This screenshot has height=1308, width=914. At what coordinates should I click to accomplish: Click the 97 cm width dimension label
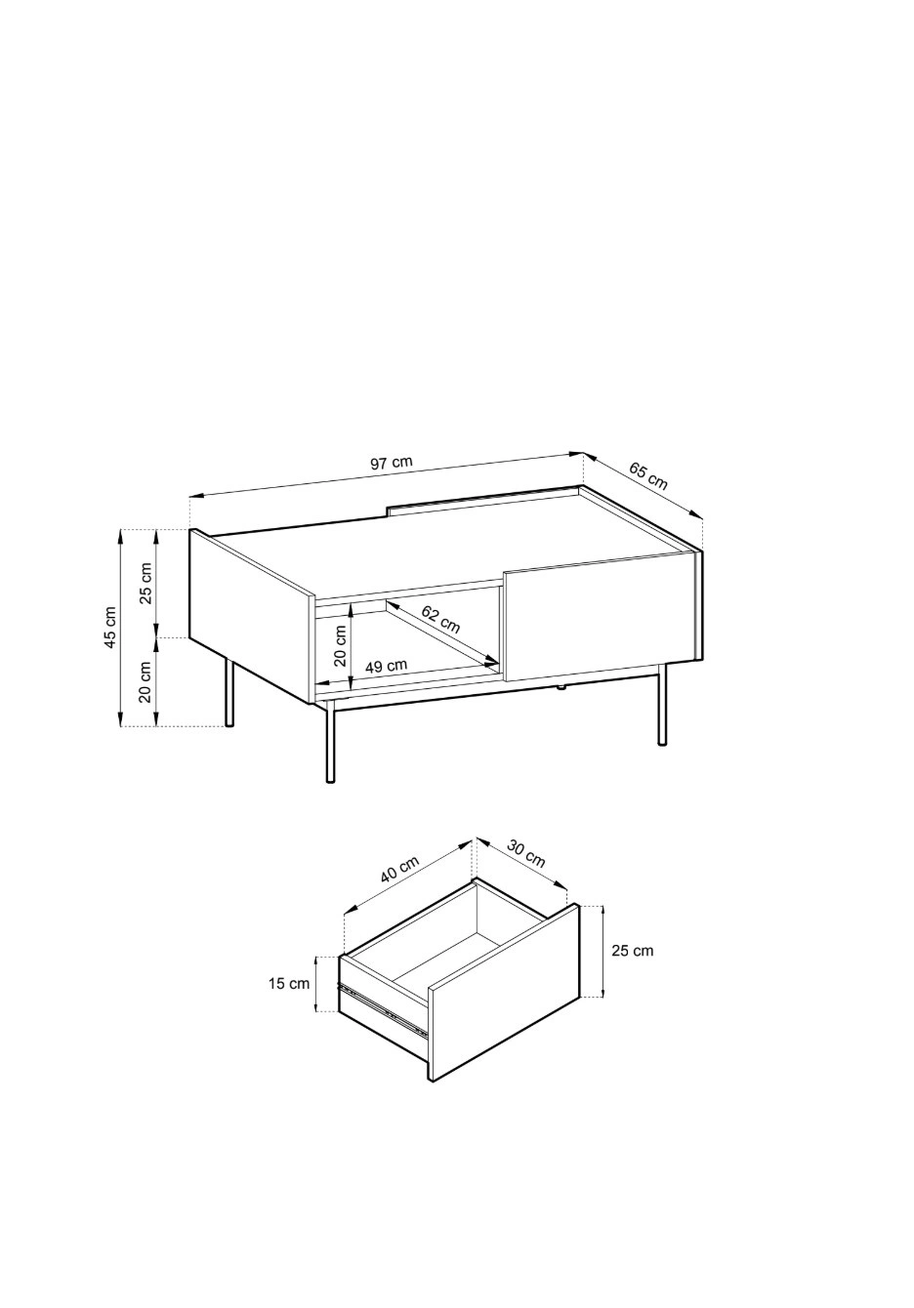coord(391,463)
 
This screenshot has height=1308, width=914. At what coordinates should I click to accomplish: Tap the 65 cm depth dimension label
coord(647,476)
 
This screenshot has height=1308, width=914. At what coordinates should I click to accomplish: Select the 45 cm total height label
coord(110,627)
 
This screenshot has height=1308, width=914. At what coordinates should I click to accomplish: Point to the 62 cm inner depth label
coord(440,620)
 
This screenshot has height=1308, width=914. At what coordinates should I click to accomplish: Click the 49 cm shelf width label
coord(386,665)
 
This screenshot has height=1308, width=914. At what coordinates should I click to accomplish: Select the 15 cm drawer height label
coord(288,984)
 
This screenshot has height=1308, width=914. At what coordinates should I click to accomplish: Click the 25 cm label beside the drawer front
coord(633,951)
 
